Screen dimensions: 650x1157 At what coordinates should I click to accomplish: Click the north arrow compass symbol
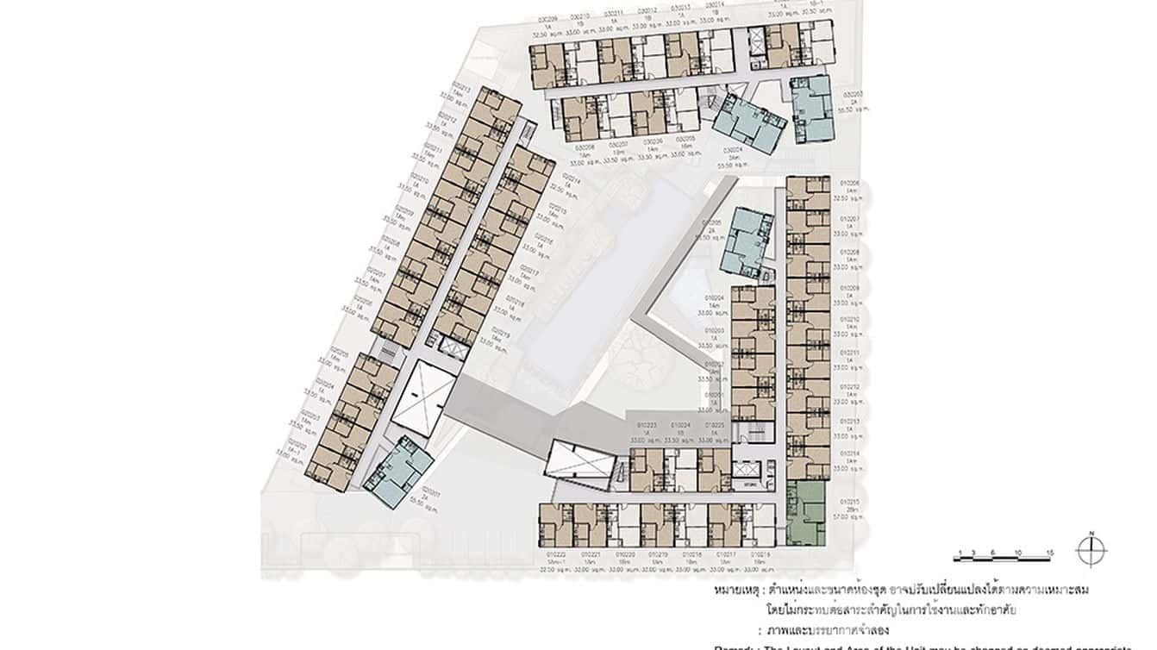1091,551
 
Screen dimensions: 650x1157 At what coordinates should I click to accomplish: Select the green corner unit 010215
806,513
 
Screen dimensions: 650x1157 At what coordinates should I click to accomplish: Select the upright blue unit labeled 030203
811,108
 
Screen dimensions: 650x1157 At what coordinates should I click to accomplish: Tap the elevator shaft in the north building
757,42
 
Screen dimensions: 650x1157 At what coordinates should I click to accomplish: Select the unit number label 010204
713,297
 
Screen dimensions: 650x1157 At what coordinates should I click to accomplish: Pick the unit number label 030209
543,16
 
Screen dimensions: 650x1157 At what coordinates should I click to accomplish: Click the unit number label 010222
553,554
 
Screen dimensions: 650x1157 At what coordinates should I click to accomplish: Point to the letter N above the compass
1091,534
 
